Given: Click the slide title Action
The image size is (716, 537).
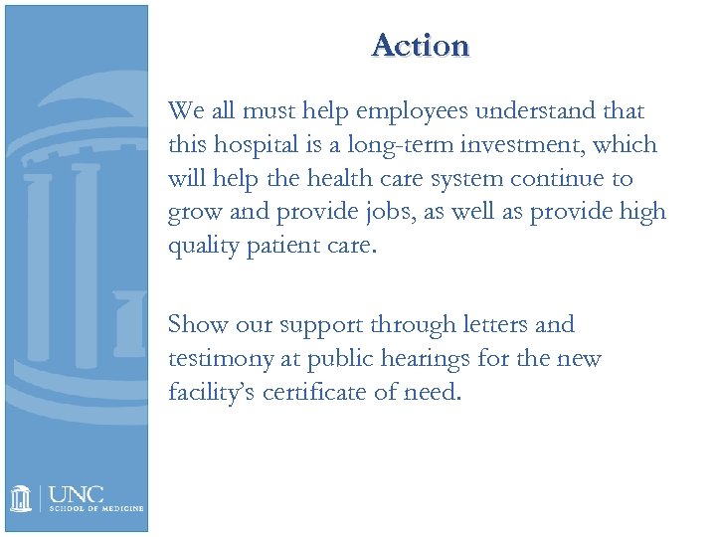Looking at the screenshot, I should [420, 46].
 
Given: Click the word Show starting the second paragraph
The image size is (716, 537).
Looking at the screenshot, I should [196, 324].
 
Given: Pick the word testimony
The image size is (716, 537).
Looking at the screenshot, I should [221, 359].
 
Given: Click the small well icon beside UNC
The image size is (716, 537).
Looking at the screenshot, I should [23, 497].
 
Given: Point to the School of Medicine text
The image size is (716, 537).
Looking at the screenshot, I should [96, 509].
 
